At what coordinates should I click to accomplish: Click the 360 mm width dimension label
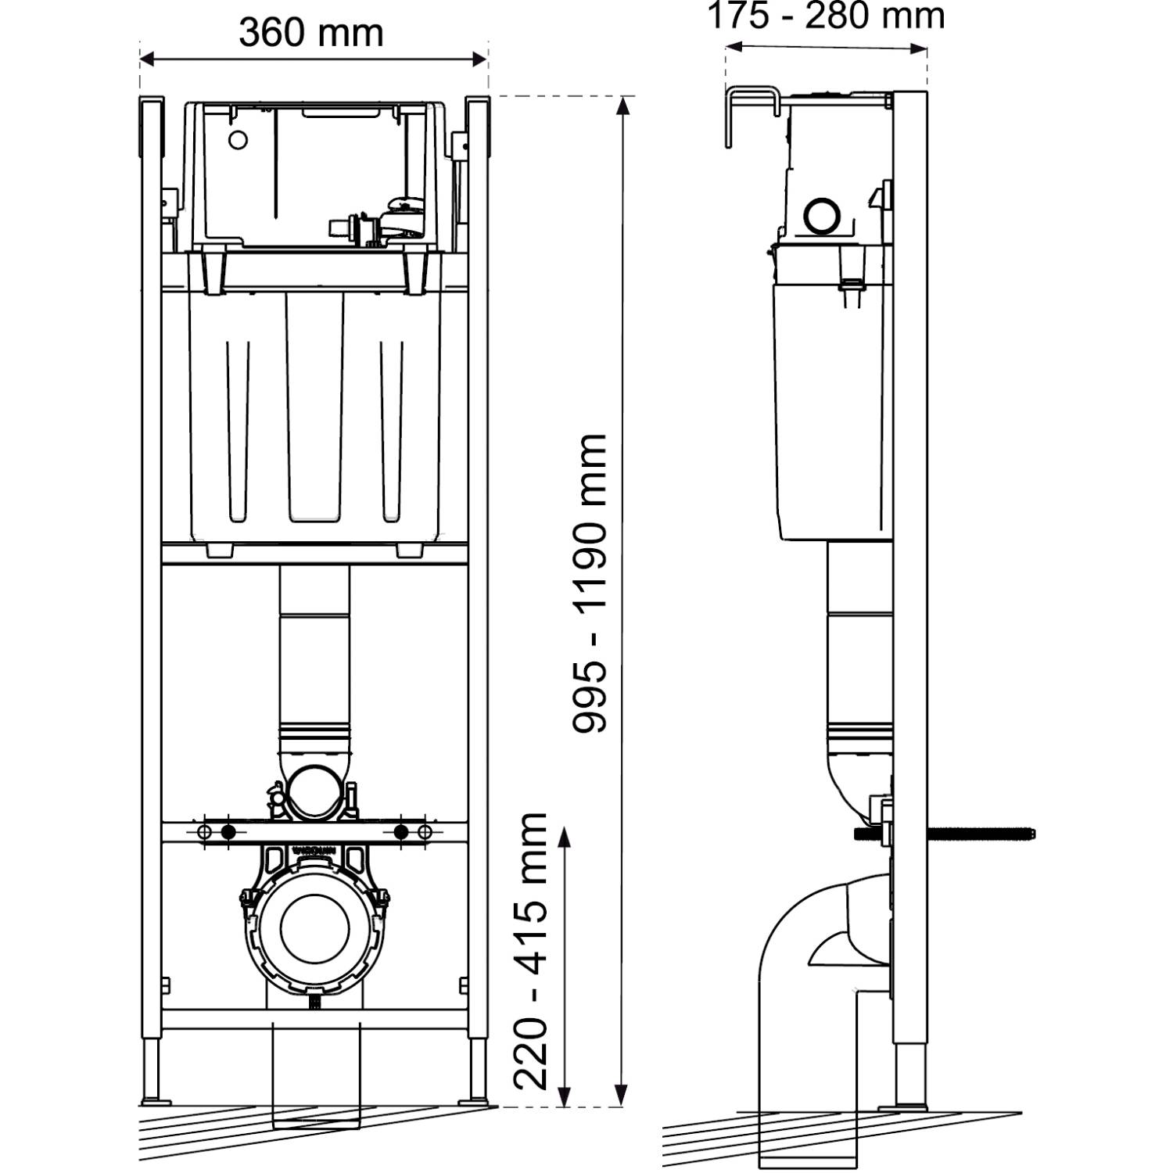pyautogui.click(x=311, y=33)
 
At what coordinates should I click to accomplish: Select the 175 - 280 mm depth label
pyautogui.click(x=826, y=16)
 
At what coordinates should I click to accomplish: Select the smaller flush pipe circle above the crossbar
pyautogui.click(x=314, y=791)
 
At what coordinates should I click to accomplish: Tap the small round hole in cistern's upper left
pyautogui.click(x=238, y=140)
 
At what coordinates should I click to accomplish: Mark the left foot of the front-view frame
pyautogui.click(x=153, y=1101)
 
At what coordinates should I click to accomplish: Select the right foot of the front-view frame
pyautogui.click(x=476, y=1101)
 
